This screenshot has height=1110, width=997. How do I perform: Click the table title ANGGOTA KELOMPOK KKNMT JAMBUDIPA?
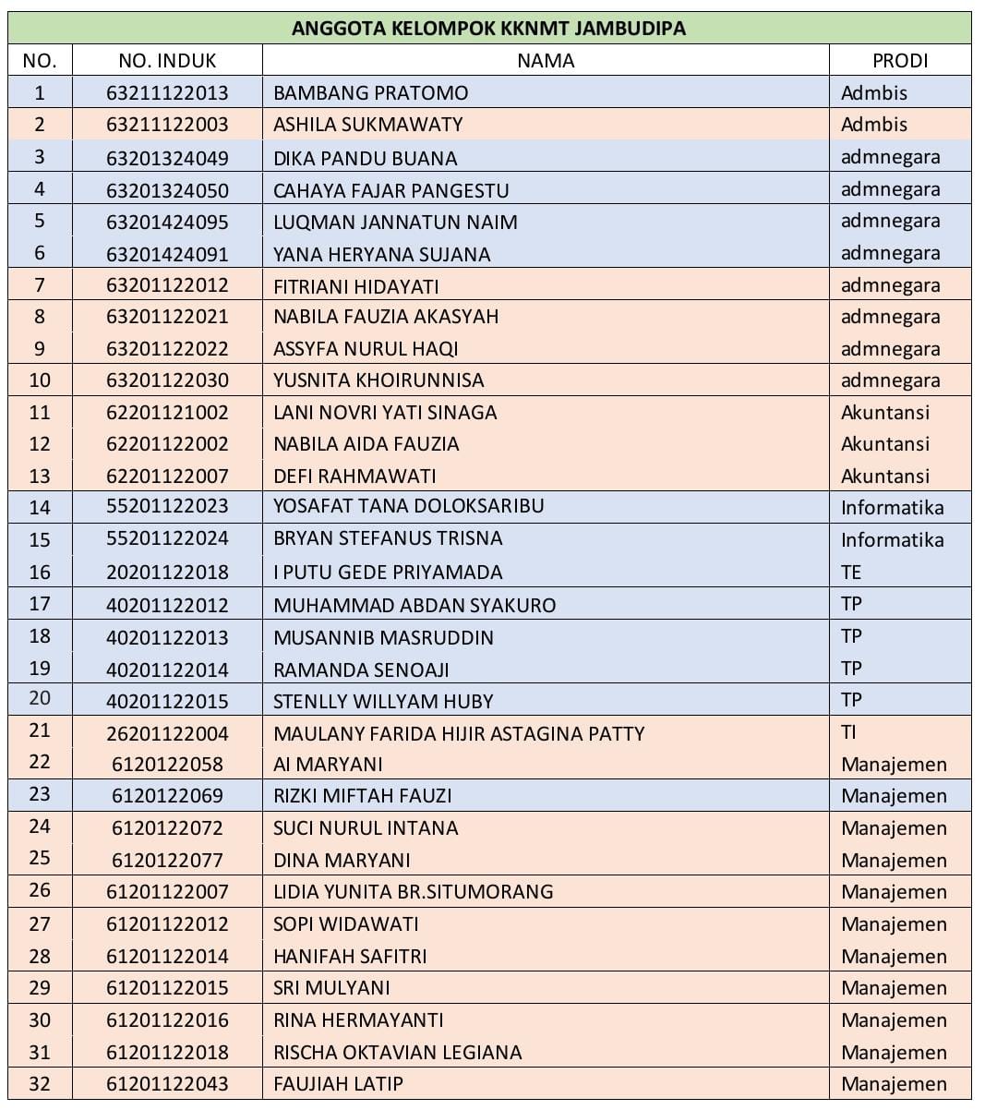click(x=488, y=28)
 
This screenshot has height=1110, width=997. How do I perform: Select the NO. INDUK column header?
click(x=167, y=61)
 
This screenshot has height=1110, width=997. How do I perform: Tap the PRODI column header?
click(x=899, y=61)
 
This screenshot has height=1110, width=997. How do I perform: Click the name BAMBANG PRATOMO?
click(x=370, y=92)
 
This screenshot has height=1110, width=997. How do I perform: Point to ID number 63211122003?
click(x=167, y=125)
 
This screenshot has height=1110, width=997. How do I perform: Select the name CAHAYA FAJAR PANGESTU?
click(x=390, y=190)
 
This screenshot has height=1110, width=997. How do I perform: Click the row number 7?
click(x=40, y=284)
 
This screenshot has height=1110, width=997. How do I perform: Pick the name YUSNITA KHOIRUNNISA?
click(x=378, y=380)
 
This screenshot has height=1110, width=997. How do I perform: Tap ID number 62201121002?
click(x=167, y=412)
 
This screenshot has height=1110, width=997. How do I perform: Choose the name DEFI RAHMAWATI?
click(x=354, y=476)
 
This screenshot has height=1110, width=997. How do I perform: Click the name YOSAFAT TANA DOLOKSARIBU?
click(x=408, y=506)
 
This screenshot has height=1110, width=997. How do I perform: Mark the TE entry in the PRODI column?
click(x=850, y=572)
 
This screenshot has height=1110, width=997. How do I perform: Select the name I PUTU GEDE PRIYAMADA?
click(x=388, y=572)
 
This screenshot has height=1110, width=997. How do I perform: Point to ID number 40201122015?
click(x=167, y=701)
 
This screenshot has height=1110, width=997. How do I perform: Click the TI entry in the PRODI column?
click(x=848, y=732)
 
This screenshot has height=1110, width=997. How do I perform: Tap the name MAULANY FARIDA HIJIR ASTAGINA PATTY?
click(x=459, y=733)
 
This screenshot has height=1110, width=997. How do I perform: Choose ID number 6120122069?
click(x=167, y=795)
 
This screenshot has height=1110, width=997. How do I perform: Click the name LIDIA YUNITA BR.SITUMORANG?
click(x=413, y=891)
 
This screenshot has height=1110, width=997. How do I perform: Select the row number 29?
click(x=40, y=987)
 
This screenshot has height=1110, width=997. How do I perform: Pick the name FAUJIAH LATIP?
click(x=338, y=1083)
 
